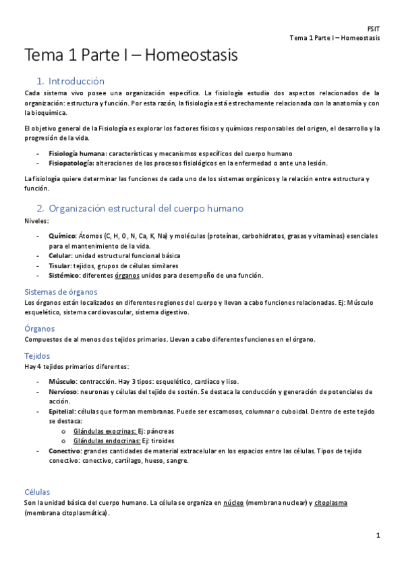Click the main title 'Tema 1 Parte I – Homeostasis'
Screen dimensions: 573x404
[x=132, y=55]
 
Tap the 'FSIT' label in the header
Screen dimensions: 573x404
[x=373, y=29]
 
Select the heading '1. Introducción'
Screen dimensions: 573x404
[x=71, y=80]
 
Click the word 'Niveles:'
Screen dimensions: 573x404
[x=36, y=220]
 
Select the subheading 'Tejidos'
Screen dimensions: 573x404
[x=36, y=355]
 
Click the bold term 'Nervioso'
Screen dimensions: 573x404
[x=64, y=391]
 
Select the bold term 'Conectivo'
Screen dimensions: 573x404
[x=65, y=451]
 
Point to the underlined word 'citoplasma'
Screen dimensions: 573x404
[x=330, y=503]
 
